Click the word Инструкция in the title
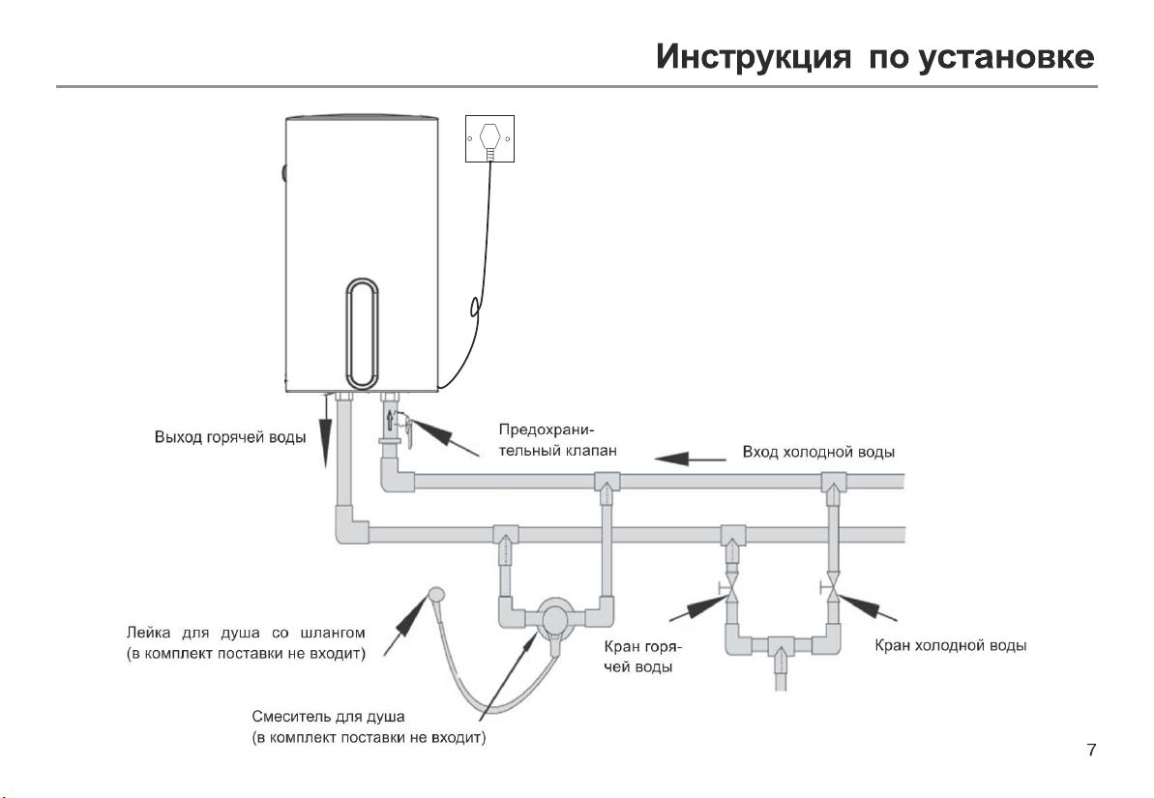[x=754, y=57]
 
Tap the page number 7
[x=1091, y=750]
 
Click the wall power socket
[x=489, y=138]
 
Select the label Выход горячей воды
[x=229, y=437]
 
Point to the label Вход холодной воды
[x=818, y=452]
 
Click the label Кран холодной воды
[x=951, y=645]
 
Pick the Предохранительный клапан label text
[x=558, y=439]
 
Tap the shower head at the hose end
[x=435, y=593]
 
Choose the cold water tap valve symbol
[x=832, y=587]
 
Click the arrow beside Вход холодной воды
[x=691, y=458]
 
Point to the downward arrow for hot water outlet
[x=325, y=430]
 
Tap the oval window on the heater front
[x=362, y=334]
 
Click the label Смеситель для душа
[x=328, y=717]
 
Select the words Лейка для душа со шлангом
[x=246, y=633]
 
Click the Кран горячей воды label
[x=643, y=657]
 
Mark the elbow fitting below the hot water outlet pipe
[x=351, y=525]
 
